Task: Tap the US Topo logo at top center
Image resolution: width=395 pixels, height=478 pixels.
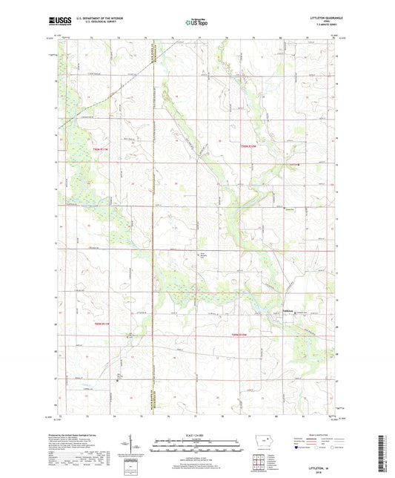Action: [x=196, y=23]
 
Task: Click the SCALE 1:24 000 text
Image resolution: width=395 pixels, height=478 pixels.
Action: [x=196, y=434]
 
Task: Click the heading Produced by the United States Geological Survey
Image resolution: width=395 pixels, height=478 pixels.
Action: [x=87, y=436]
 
